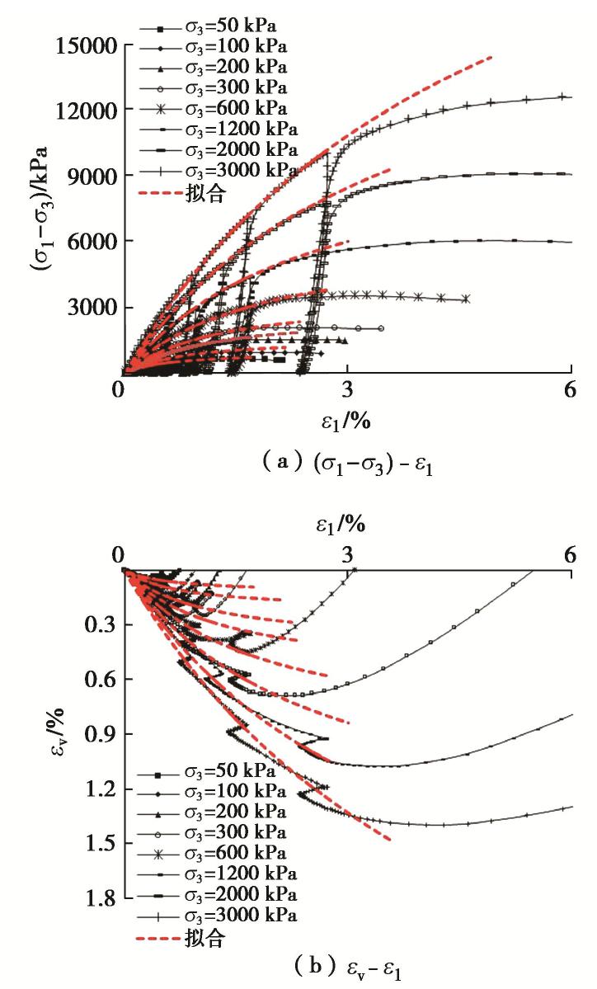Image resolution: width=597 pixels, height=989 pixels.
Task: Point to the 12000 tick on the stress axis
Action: pyautogui.click(x=84, y=110)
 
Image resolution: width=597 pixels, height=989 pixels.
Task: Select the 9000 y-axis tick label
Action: pyautogui.click(x=91, y=176)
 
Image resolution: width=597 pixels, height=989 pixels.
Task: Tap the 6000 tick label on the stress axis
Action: pyautogui.click(x=91, y=242)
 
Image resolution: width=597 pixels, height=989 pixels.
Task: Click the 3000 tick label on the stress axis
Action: pyautogui.click(x=91, y=308)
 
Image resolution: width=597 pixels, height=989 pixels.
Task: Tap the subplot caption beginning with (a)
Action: pyautogui.click(x=298, y=464)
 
